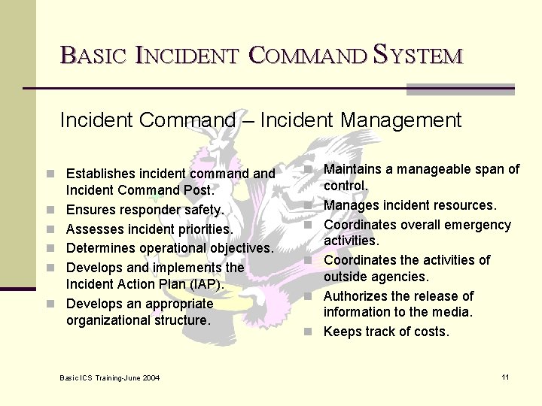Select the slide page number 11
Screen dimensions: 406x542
(505, 377)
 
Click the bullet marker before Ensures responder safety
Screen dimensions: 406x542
(50, 210)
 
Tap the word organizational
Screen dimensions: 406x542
(109, 320)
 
